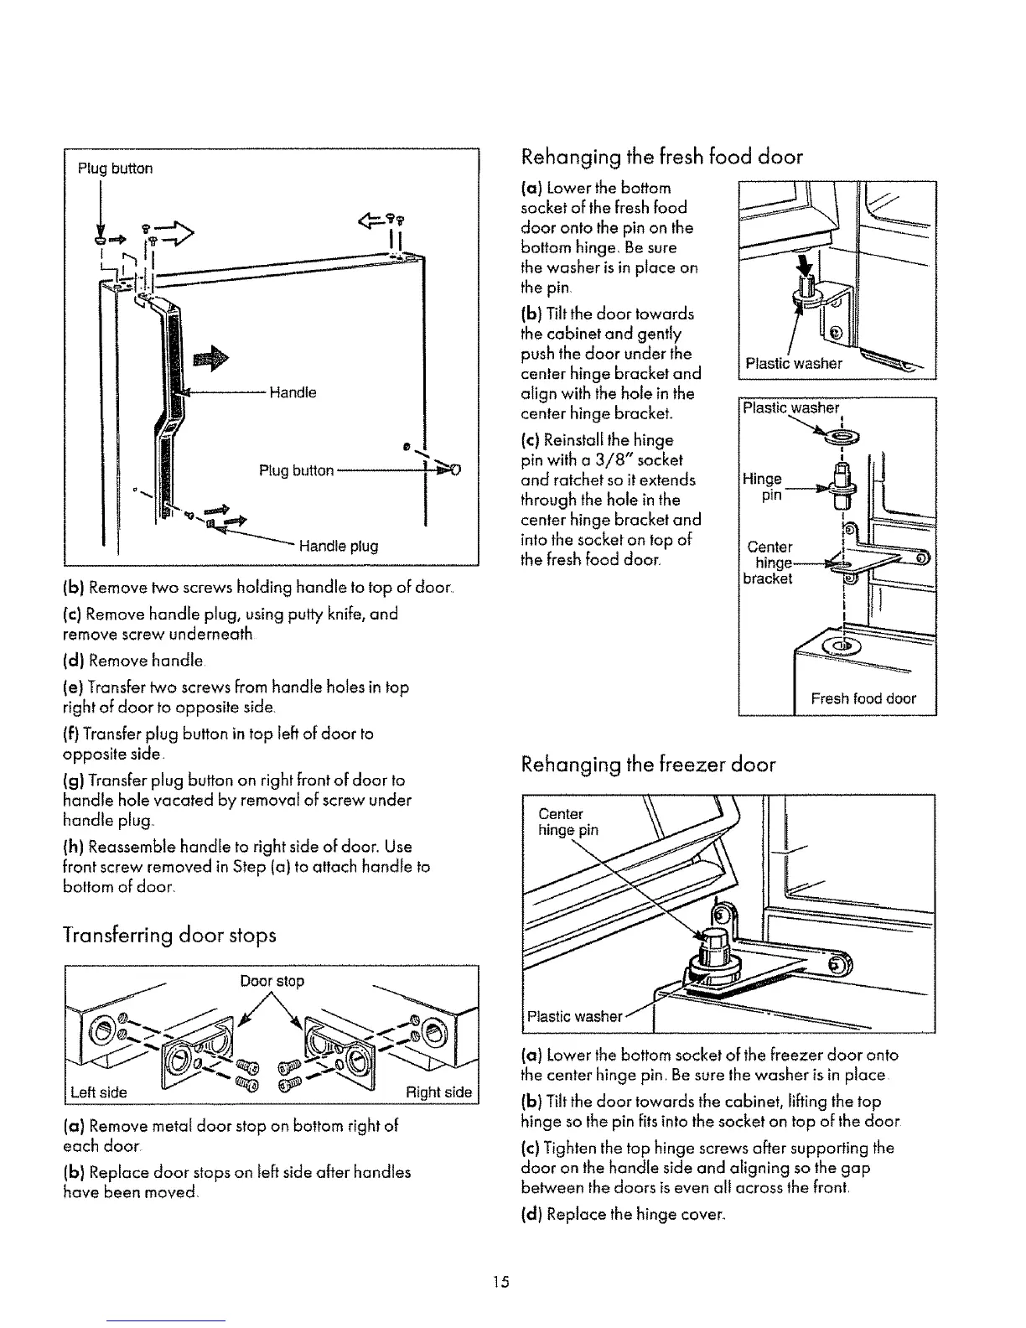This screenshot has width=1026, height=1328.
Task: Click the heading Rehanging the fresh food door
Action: pos(661,157)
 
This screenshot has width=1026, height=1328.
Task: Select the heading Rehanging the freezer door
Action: pos(648,765)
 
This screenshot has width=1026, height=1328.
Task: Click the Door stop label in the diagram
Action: pos(283,981)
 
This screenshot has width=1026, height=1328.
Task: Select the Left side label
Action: pos(99,1092)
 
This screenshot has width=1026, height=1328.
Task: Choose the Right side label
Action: pos(438,1092)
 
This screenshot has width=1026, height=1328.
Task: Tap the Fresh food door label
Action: pos(863,698)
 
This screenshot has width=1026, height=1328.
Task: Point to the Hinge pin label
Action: pos(762,486)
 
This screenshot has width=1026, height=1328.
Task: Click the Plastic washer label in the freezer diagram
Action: pos(574,1017)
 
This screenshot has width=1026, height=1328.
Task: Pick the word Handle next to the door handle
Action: pos(293,392)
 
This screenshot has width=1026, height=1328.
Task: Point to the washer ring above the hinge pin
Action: pos(837,436)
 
